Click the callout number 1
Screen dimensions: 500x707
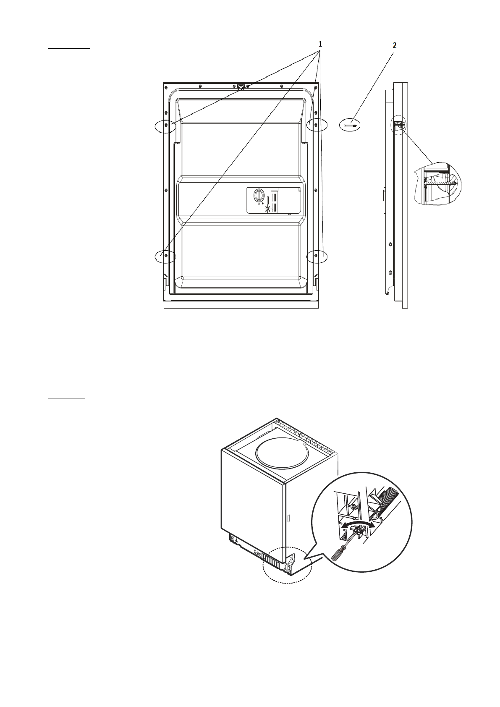[x=320, y=44]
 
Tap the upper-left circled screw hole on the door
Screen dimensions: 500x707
[x=167, y=125]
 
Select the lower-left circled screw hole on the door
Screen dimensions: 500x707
[x=166, y=255]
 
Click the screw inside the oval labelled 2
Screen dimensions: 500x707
[x=350, y=125]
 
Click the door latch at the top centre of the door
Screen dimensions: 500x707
[x=241, y=87]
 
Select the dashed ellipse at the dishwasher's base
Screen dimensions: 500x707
[x=288, y=565]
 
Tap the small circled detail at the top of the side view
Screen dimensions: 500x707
[x=398, y=125]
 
